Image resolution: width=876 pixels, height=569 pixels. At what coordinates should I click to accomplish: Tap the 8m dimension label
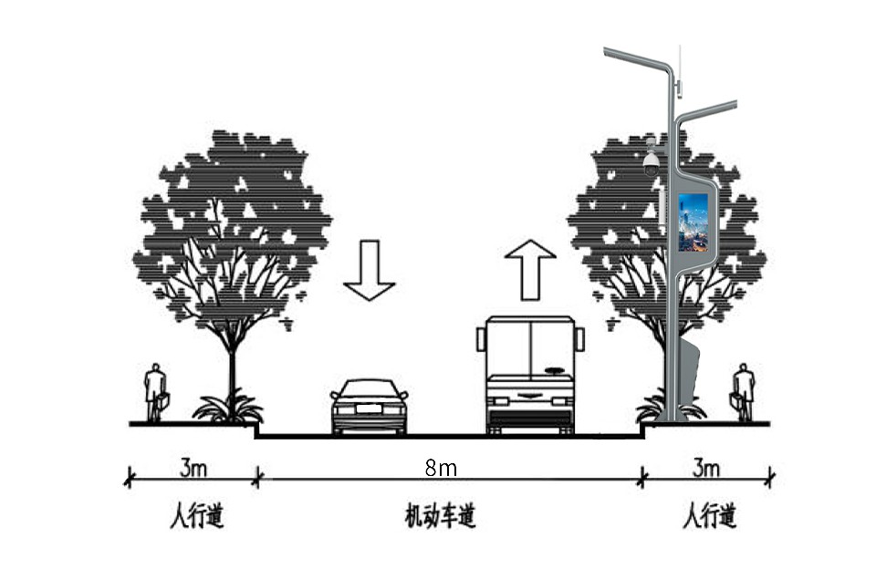click(441, 469)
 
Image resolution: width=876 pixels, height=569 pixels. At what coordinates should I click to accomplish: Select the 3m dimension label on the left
click(192, 469)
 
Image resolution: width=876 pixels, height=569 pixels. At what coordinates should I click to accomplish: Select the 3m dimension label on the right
click(706, 469)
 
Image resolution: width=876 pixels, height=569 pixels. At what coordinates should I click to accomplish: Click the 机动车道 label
click(441, 518)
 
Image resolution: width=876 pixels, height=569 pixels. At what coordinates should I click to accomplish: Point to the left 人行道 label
click(196, 518)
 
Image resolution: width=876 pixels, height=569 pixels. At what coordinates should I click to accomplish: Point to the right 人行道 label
click(709, 518)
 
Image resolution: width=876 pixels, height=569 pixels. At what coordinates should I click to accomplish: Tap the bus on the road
click(530, 374)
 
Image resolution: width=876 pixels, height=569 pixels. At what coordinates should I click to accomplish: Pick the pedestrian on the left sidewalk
click(156, 392)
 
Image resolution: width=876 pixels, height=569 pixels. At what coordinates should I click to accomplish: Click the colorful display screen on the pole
click(693, 222)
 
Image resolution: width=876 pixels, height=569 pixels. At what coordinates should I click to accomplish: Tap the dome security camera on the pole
click(651, 163)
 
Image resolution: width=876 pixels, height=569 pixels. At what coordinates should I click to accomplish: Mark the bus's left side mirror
click(480, 339)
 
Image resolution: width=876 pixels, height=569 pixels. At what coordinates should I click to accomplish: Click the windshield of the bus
click(530, 347)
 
